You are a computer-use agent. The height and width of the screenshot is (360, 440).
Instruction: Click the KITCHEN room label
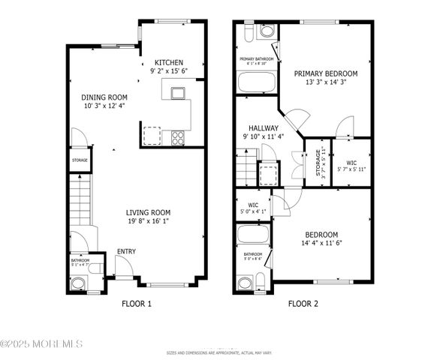coord(169,62)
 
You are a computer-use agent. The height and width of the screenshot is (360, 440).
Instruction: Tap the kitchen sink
coord(178,94)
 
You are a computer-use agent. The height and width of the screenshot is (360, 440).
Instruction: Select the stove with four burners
coord(179,137)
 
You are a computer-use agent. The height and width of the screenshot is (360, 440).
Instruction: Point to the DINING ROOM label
coord(105,97)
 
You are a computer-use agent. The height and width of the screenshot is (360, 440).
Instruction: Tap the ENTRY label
coord(126,252)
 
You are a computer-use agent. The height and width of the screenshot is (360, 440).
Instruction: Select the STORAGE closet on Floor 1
coord(80,160)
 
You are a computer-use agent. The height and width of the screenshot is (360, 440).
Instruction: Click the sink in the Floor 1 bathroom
coord(77,283)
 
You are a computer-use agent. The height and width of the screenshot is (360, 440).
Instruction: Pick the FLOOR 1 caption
coord(137,304)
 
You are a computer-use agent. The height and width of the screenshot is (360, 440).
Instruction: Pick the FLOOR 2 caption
coord(303,304)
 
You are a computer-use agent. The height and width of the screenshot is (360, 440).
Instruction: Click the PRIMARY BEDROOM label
coord(325,73)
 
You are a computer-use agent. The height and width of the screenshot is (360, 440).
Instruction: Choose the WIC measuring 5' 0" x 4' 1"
coord(253,207)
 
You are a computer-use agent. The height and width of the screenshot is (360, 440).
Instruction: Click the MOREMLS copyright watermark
coord(41,344)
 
